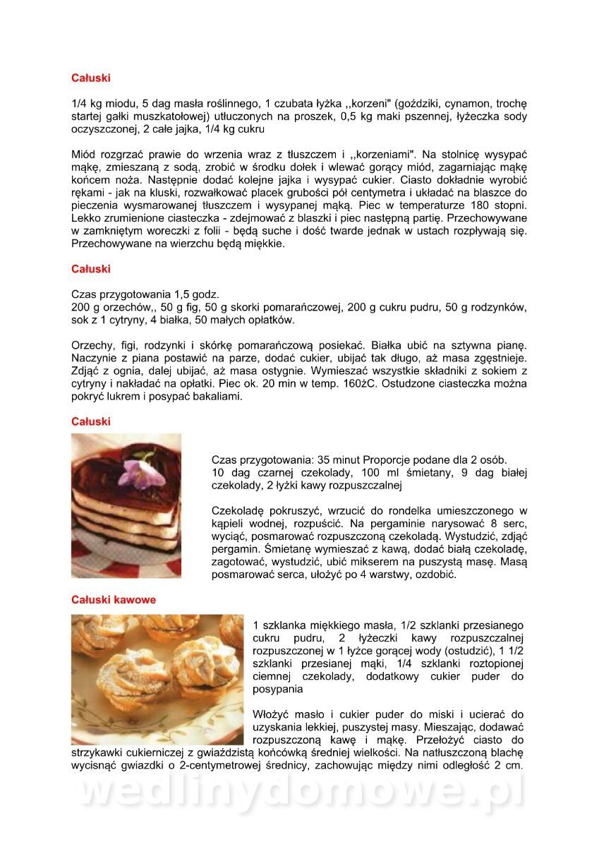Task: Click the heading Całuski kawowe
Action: coord(114,600)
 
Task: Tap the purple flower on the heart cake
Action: coord(138,471)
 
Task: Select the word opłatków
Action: coord(269,320)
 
